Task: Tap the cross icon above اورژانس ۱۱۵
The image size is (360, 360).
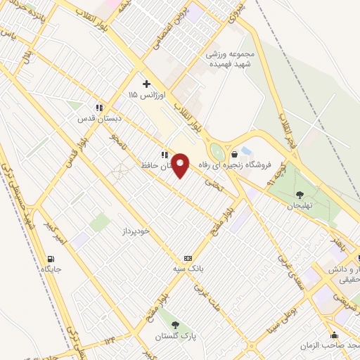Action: click(x=146, y=84)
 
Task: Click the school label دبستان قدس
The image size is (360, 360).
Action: click(x=100, y=119)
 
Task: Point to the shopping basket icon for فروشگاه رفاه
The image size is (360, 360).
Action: click(x=234, y=154)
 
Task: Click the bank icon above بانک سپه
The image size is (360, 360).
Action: click(x=187, y=258)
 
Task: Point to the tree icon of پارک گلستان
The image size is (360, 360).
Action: click(x=175, y=325)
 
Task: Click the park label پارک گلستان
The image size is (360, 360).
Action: click(x=175, y=336)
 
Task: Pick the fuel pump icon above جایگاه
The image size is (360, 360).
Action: click(x=50, y=258)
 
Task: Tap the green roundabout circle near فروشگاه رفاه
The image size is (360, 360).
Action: click(x=217, y=152)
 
